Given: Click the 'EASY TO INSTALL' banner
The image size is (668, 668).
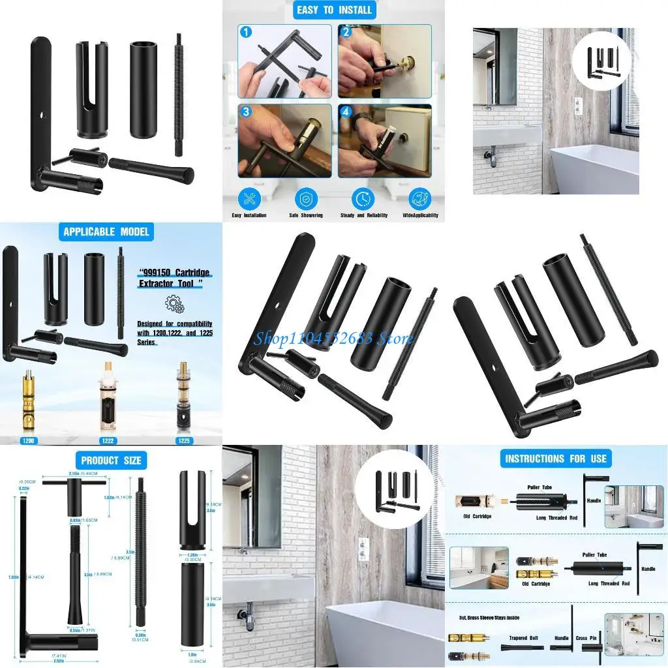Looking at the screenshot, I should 334,10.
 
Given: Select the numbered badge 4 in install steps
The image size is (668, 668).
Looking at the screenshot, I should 346,112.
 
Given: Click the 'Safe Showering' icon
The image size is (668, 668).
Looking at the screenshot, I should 306,199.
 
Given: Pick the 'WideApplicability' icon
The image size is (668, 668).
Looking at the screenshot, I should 419,199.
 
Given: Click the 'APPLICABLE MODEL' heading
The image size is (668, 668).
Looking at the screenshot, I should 106,232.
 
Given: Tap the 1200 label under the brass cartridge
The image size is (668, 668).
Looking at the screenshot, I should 29,440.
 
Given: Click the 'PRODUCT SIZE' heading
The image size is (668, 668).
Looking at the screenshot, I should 111,460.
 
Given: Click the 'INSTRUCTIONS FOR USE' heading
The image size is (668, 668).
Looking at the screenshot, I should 556,459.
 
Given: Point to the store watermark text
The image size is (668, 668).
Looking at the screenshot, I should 333,338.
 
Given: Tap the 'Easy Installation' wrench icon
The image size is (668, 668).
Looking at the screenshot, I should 249,199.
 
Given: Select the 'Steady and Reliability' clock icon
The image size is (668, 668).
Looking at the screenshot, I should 363,199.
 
